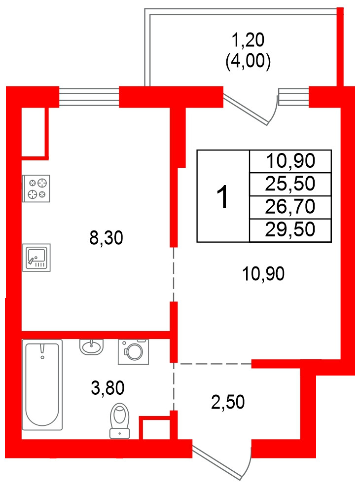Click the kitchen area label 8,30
click(x=105, y=239)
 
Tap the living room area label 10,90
click(x=263, y=273)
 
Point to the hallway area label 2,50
click(x=228, y=402)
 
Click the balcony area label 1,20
click(x=248, y=38)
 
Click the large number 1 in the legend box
click(x=223, y=196)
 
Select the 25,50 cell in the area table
click(x=290, y=184)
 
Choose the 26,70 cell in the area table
click(x=290, y=207)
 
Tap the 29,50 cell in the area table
click(x=290, y=229)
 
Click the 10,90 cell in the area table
click(x=290, y=161)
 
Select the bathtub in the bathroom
click(x=42, y=384)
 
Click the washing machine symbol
click(x=133, y=351)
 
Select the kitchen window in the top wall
click(x=89, y=96)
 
